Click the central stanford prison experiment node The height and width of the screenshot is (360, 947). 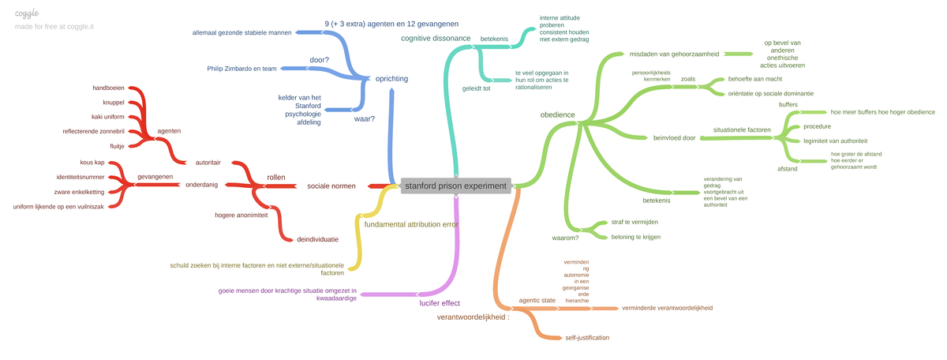tap(456, 186)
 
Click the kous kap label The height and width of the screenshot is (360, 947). tap(92, 163)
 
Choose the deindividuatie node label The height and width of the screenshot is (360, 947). tap(317, 238)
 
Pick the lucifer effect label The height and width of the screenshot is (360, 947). tap(440, 302)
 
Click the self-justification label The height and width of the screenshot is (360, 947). tap(587, 337)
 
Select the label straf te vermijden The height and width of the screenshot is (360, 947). tap(634, 223)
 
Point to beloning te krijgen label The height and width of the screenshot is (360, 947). tap(635, 237)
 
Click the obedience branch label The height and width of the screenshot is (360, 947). tap(557, 115)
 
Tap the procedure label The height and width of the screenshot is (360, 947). tap(817, 126)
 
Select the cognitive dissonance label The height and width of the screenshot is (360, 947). tap(436, 38)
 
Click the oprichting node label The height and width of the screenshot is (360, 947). tap(391, 79)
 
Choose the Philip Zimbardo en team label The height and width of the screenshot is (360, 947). tap(242, 69)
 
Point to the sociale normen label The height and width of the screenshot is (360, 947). tap(331, 186)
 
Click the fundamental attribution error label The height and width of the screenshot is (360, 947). tap(411, 224)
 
